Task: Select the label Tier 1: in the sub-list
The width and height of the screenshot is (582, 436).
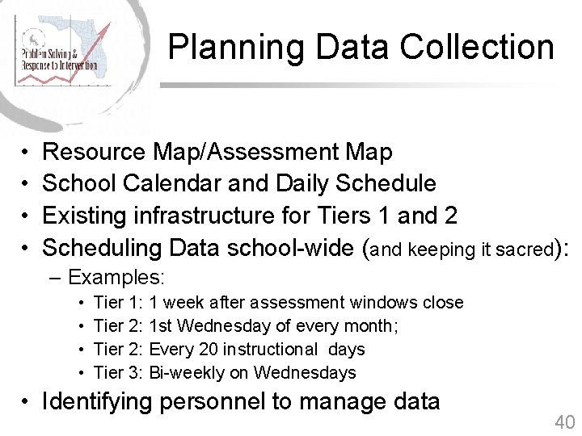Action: click(x=119, y=303)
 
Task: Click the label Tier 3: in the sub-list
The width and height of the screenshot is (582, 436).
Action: click(x=119, y=373)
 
